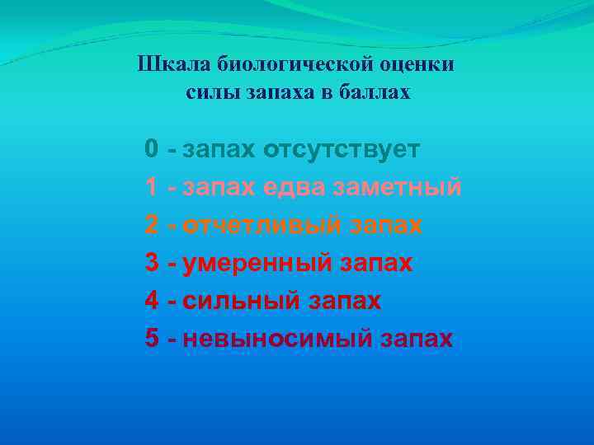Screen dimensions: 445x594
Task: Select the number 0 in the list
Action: [x=152, y=150]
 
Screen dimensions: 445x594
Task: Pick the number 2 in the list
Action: [x=152, y=225]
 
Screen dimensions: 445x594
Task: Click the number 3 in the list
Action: [x=152, y=263]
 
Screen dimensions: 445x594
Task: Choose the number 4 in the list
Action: [x=152, y=301]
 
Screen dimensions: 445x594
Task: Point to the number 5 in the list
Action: [x=152, y=338]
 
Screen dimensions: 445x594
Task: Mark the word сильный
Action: [x=240, y=301]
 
